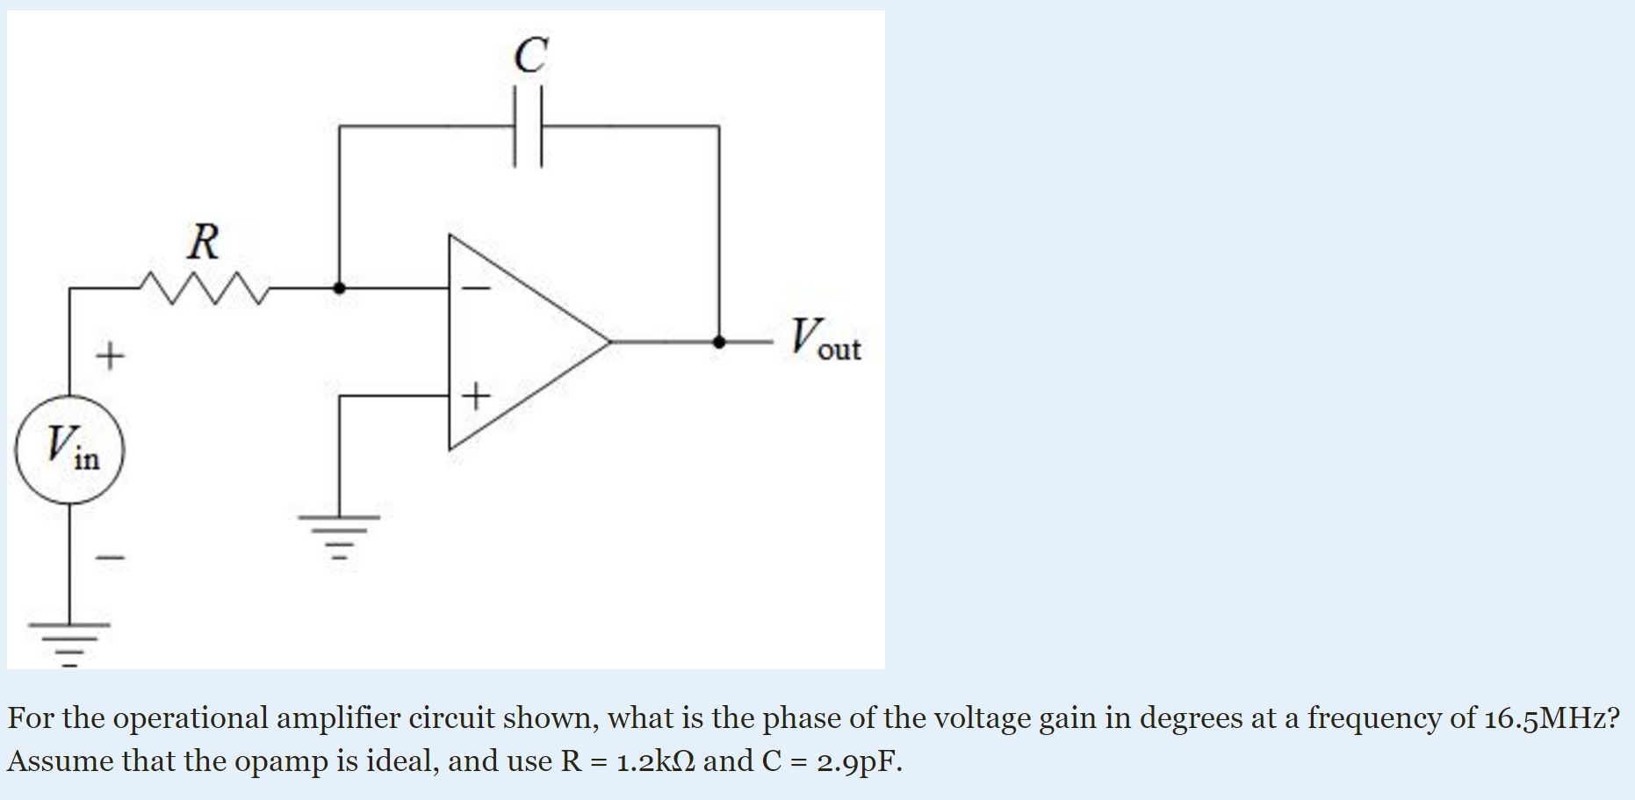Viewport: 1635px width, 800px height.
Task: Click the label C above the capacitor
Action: tap(530, 55)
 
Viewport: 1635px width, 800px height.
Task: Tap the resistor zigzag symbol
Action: tap(204, 287)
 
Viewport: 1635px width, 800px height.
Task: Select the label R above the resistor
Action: tap(204, 241)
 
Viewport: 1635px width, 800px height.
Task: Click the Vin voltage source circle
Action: tap(70, 450)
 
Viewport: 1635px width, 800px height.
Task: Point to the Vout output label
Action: tap(825, 340)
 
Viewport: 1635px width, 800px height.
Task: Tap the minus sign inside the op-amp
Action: tap(476, 287)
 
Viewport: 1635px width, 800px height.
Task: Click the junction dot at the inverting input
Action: tap(339, 287)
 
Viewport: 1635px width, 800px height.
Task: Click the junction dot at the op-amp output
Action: tap(719, 342)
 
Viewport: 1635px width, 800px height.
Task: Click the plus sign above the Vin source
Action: tap(111, 356)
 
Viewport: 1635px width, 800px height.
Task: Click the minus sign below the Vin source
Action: tap(111, 557)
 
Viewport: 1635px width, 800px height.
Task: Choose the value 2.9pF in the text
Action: tap(858, 760)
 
